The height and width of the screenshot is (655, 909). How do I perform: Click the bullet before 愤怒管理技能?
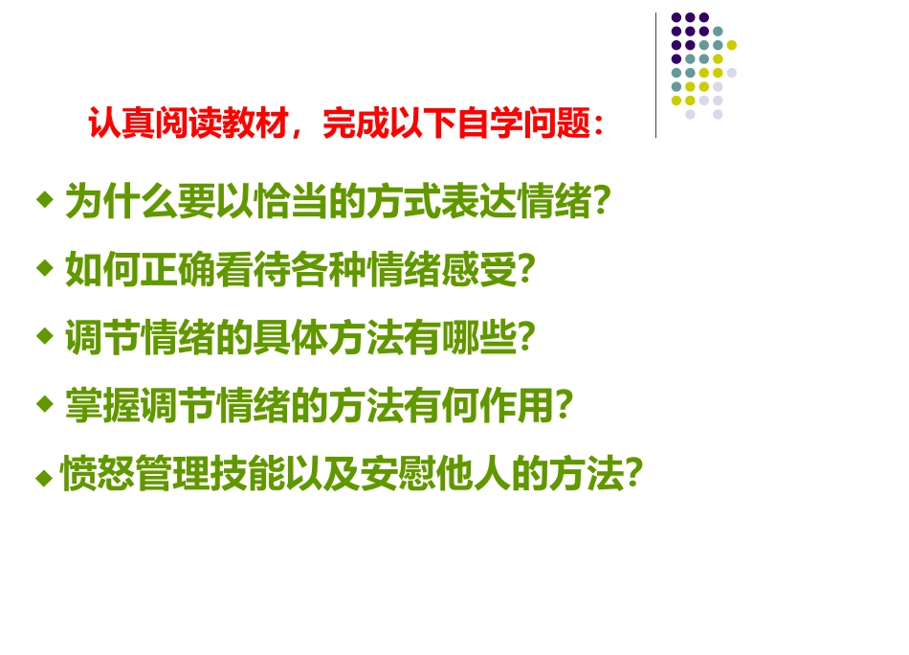tap(43, 475)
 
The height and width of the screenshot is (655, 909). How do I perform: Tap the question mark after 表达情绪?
tap(602, 202)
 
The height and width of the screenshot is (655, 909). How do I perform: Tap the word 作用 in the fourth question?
tap(517, 407)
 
